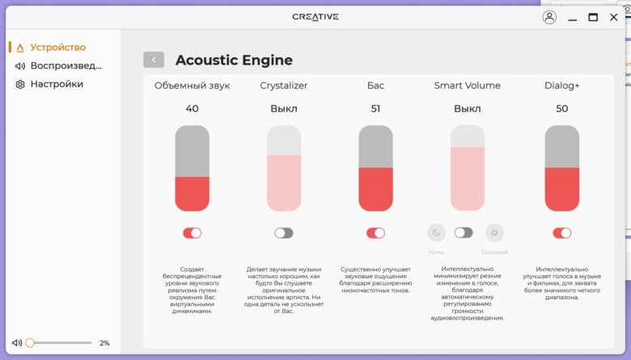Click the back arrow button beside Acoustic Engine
click(154, 60)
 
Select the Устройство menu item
click(51, 48)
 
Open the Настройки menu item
click(49, 84)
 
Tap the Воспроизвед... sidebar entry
click(58, 66)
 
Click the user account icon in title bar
click(549, 17)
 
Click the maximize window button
click(593, 17)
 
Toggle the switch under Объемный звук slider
click(192, 233)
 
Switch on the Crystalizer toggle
click(284, 233)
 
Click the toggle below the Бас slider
click(375, 233)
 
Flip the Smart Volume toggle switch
click(464, 232)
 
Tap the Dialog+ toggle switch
click(561, 233)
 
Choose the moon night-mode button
click(436, 232)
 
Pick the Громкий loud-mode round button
click(494, 232)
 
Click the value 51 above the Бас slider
click(375, 108)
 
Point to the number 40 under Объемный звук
click(192, 108)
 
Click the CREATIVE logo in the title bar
click(315, 16)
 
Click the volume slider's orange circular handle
click(30, 343)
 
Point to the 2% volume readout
click(104, 343)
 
